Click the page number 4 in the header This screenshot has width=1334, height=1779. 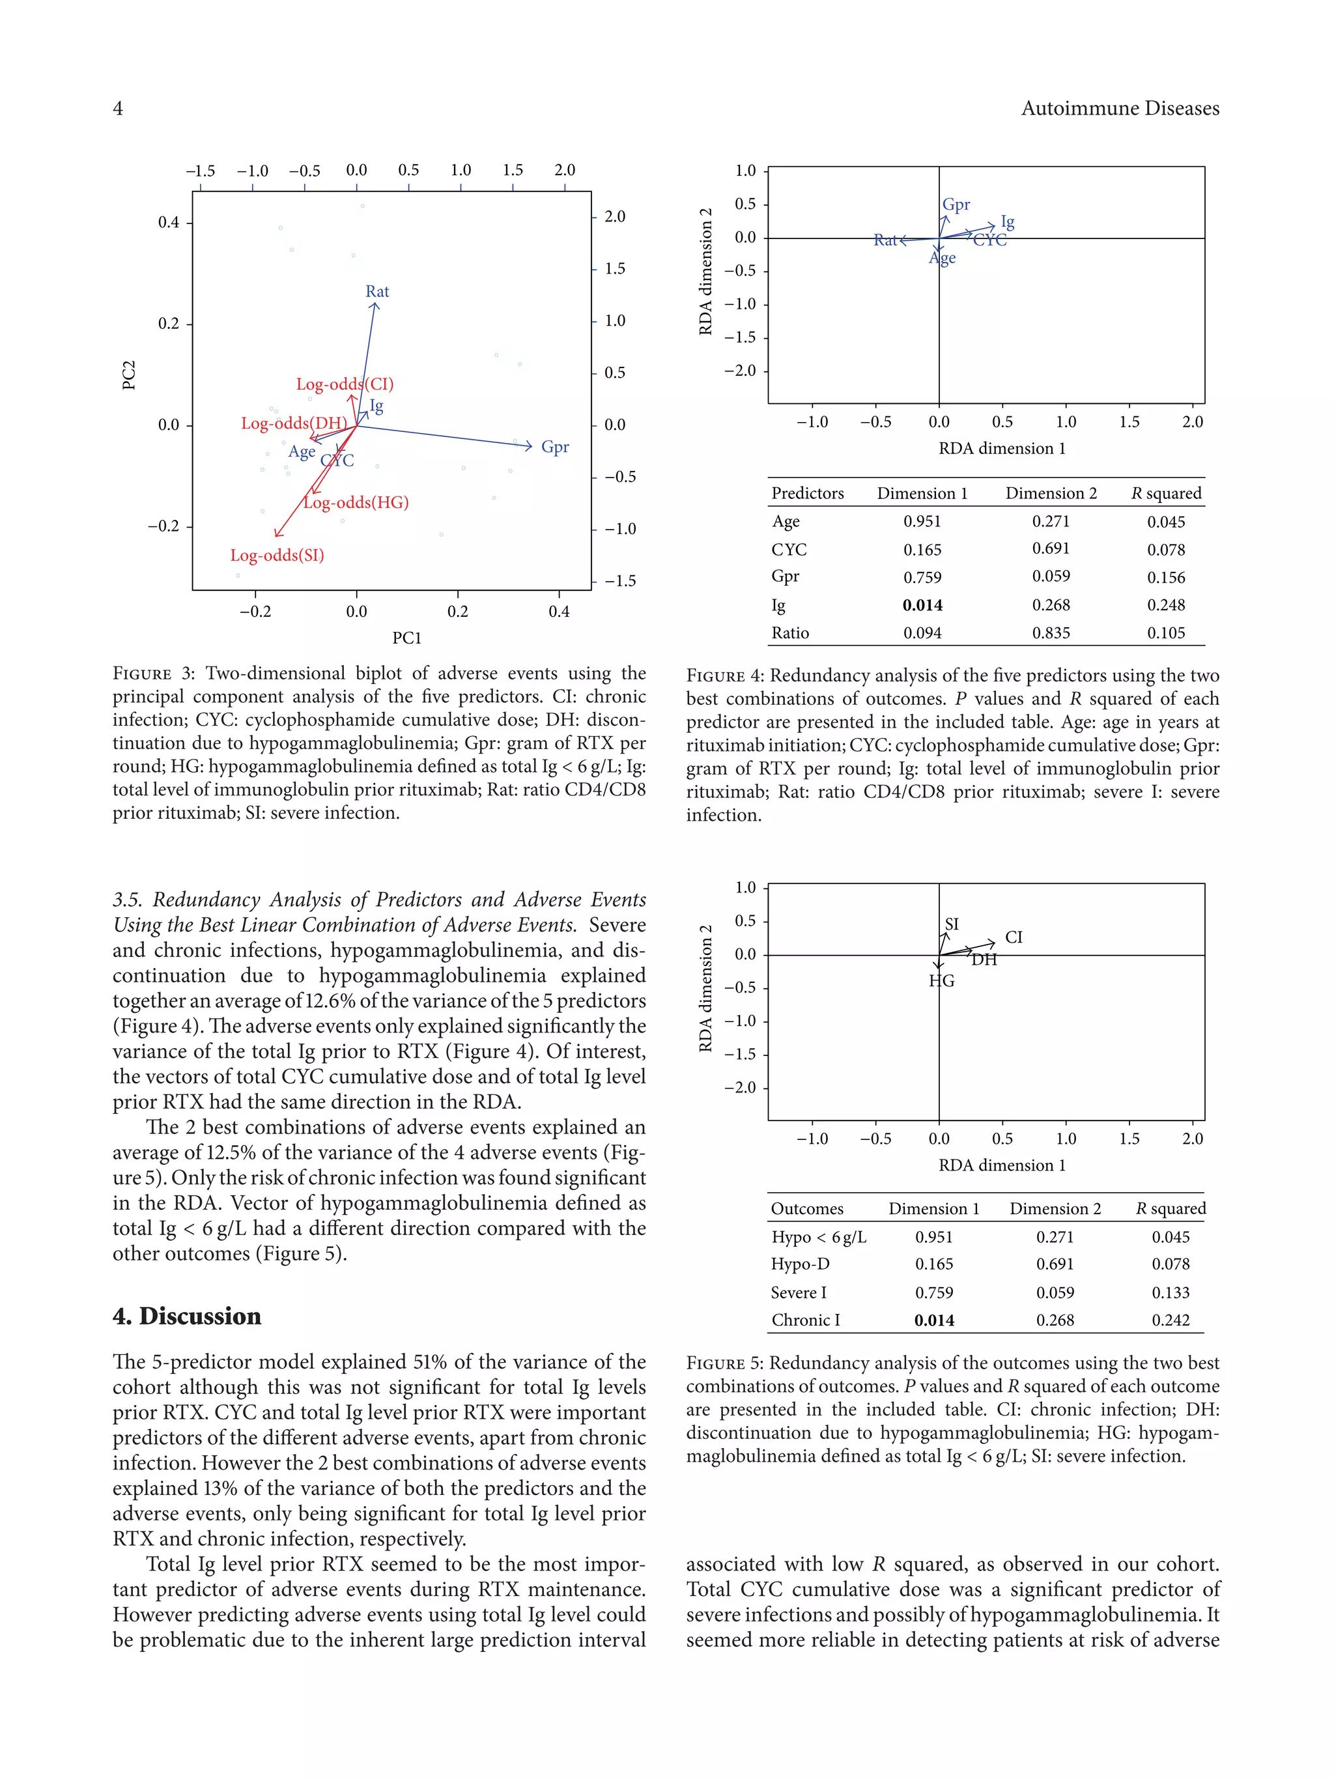click(118, 109)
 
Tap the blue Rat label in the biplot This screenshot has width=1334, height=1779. click(377, 291)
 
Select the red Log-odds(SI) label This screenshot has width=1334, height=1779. click(277, 555)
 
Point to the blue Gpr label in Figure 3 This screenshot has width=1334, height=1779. click(555, 446)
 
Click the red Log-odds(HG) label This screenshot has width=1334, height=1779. click(356, 503)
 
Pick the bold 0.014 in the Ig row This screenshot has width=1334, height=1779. click(922, 605)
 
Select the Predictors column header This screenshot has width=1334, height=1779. click(807, 493)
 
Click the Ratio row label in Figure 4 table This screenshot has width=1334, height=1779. click(789, 633)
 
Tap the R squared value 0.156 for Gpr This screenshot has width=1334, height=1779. click(1166, 577)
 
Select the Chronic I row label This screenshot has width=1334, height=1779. click(805, 1320)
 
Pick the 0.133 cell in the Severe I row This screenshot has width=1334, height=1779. click(1170, 1292)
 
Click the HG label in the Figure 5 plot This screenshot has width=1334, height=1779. click(942, 980)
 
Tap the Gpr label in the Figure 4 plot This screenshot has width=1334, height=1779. click(956, 205)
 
